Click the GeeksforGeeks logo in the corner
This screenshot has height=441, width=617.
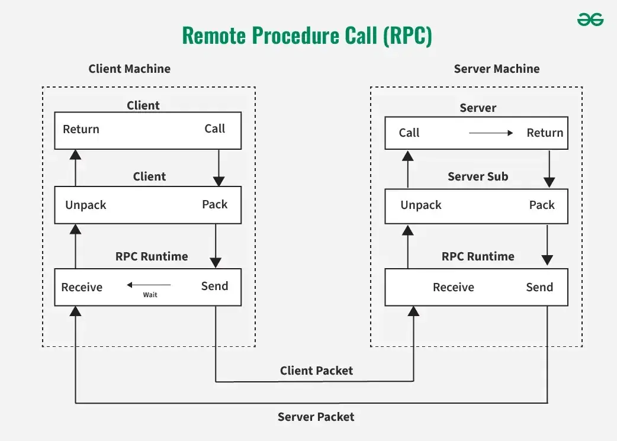point(590,20)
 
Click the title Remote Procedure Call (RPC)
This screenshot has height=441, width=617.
point(307,36)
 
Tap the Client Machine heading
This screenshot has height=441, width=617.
point(129,69)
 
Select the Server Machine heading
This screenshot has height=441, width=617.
point(496,69)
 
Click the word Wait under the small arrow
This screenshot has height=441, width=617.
point(150,295)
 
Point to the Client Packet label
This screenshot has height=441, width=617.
point(316,371)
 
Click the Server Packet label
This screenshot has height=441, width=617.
point(316,417)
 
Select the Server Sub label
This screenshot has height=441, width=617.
point(477,176)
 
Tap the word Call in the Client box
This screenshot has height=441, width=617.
point(214,129)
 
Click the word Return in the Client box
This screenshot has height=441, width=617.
point(81,130)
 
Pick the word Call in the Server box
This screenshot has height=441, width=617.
point(409,133)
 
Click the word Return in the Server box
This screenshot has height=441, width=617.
point(545,133)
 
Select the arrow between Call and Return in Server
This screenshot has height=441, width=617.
point(491,133)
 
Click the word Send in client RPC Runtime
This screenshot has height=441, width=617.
point(214,287)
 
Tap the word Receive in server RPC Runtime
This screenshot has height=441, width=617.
point(453,288)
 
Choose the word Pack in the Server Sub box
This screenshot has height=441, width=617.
point(541,205)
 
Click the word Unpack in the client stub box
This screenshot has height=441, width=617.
point(86,205)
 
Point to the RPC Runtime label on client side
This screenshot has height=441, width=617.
point(152,256)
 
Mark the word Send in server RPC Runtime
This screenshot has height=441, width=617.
point(539,288)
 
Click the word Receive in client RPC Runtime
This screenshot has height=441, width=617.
point(82,288)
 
